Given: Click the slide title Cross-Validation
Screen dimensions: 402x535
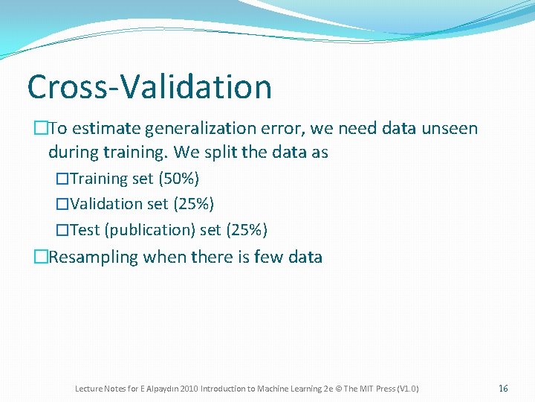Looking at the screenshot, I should pyautogui.click(x=149, y=87).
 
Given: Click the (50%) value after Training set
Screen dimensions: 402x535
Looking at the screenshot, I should pyautogui.click(x=178, y=179).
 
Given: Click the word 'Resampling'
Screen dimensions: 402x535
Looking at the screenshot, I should pyautogui.click(x=94, y=257).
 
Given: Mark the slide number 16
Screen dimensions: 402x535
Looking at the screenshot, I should pyautogui.click(x=503, y=389).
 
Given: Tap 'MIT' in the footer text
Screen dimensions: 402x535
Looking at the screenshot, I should pyautogui.click(x=366, y=389).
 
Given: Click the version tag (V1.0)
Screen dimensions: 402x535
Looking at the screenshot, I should pyautogui.click(x=408, y=389).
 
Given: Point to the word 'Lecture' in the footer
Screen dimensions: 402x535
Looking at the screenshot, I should pyautogui.click(x=88, y=389).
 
